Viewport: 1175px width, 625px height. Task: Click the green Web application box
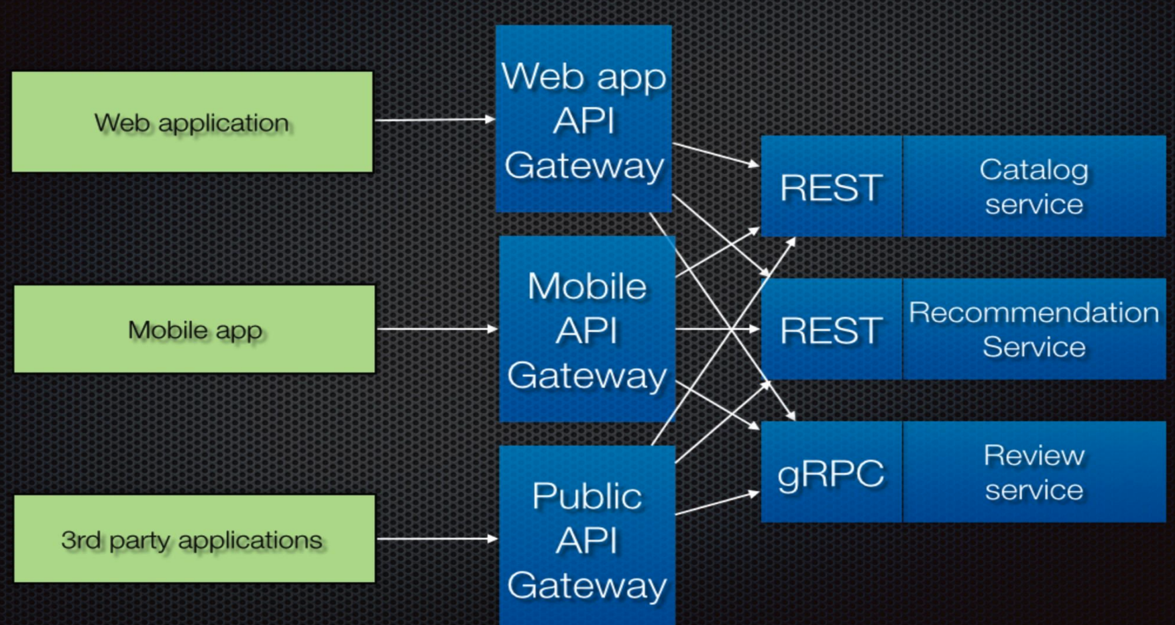tap(192, 122)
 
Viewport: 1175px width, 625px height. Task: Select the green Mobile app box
tap(194, 329)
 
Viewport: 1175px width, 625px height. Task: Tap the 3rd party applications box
tap(194, 539)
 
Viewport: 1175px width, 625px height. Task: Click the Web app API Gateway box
tap(583, 119)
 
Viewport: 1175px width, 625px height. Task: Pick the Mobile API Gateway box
tap(587, 329)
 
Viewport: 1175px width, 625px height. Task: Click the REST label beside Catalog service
tap(831, 187)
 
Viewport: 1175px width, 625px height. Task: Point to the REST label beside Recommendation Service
tap(831, 330)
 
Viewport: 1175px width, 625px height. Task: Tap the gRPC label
tap(831, 473)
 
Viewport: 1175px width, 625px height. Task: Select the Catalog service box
tap(1033, 186)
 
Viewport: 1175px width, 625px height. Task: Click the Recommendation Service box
tap(1033, 329)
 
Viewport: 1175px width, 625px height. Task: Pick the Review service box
tap(1033, 472)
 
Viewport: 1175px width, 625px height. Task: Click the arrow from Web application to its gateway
tap(435, 120)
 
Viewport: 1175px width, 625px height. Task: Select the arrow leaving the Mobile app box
tap(437, 329)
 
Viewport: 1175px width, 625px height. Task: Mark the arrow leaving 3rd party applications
tap(437, 538)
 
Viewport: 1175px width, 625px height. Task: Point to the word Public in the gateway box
tap(587, 496)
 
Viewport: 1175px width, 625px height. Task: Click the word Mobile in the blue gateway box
tap(587, 286)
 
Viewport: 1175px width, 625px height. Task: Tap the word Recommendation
tap(1033, 312)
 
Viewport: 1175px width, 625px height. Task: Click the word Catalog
tap(1033, 170)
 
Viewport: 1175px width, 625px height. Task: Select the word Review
tap(1033, 455)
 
